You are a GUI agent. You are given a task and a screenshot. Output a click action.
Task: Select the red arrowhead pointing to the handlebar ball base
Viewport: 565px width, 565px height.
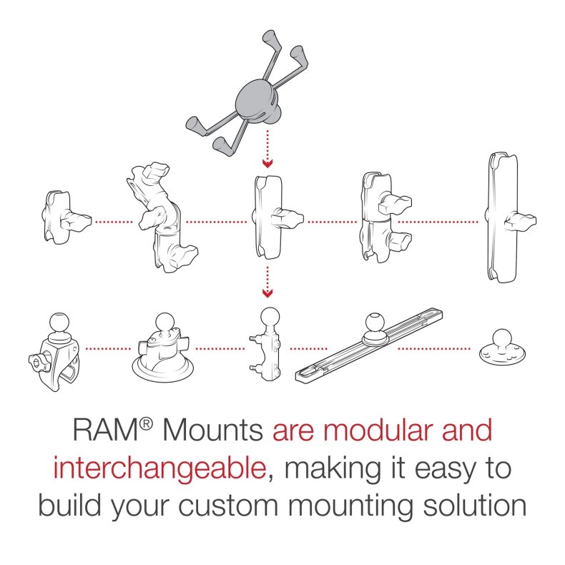point(266,292)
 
